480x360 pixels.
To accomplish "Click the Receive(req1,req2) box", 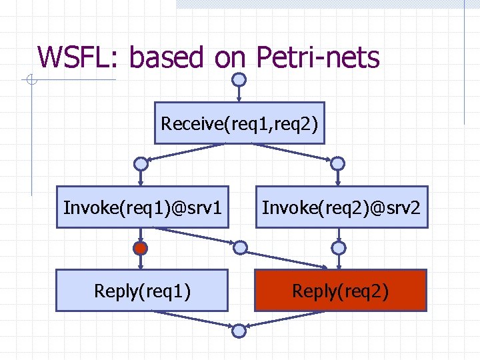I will [239, 123].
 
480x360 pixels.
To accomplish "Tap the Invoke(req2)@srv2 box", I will [341, 207].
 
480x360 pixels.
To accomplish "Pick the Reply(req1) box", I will [142, 291].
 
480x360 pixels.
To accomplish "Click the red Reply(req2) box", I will [340, 291].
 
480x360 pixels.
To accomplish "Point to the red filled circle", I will [140, 249].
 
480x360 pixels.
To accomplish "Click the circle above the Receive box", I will [239, 79].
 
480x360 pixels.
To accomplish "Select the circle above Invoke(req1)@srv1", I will [140, 163].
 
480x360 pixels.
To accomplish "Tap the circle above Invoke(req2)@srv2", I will [338, 163].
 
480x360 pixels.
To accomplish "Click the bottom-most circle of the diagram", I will [239, 329].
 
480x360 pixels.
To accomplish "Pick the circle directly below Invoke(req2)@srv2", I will [339, 248].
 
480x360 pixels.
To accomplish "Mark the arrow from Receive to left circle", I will [190, 151].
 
